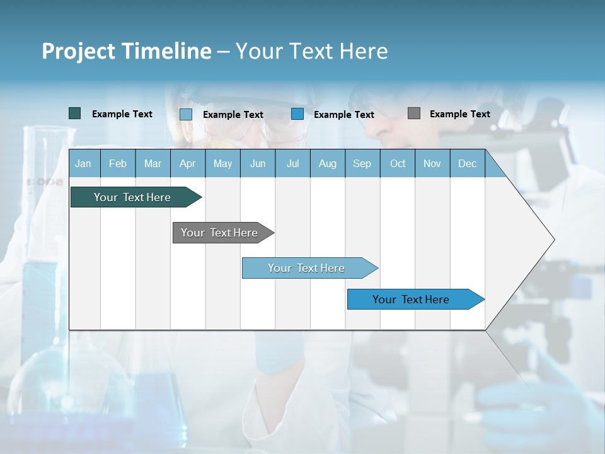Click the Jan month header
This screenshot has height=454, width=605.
coord(83,163)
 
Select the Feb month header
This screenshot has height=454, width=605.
coord(118,163)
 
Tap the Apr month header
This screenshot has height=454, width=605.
coord(187,163)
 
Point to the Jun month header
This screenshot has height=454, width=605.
coord(258,163)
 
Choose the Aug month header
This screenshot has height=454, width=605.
coord(327,163)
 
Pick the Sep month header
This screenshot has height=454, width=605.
coord(362,163)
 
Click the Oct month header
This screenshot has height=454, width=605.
coord(398,163)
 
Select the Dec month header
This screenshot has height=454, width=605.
coord(467,163)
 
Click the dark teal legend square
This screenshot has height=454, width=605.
coord(74,113)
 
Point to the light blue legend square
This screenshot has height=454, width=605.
coord(186,114)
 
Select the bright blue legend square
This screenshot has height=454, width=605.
coord(297,114)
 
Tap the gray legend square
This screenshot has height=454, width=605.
coord(414,113)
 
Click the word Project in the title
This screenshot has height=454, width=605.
coord(78,51)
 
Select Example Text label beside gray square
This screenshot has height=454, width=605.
coord(459,114)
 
